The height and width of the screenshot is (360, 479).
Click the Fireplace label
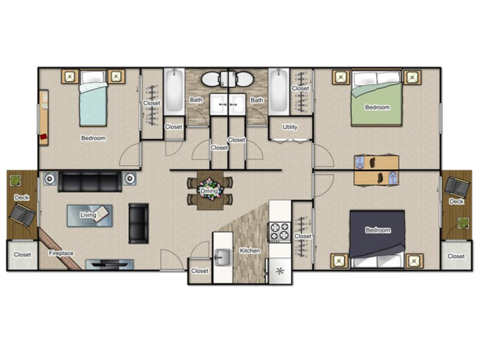click(61, 253)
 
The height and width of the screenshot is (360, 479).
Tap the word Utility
click(289, 127)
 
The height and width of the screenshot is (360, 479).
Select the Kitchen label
click(250, 250)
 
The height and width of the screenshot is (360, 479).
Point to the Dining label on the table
click(209, 191)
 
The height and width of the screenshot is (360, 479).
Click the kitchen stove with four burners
click(280, 231)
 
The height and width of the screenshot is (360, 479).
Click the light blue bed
click(93, 98)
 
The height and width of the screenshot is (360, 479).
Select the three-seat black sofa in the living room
click(90, 181)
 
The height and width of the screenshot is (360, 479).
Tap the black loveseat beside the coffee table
click(139, 223)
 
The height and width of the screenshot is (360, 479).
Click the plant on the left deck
click(15, 180)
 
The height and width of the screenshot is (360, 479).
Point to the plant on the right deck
click(463, 223)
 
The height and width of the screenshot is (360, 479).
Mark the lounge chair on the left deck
click(22, 214)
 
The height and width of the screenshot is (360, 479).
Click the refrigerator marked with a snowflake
click(280, 271)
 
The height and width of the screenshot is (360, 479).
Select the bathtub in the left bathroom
click(174, 91)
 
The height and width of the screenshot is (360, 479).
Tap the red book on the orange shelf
click(43, 136)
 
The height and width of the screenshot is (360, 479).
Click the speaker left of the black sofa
click(49, 178)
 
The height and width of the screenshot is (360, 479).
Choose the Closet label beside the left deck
click(22, 254)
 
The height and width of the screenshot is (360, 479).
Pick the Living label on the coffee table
click(88, 214)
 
